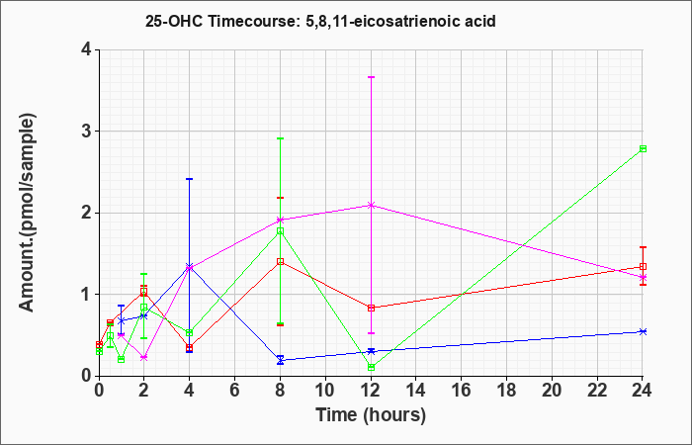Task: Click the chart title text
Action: point(320,21)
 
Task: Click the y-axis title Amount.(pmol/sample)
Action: point(28,213)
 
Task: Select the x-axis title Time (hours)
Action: point(371,415)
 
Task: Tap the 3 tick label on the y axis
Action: point(87,132)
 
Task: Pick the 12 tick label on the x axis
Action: point(371,390)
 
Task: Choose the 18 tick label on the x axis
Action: point(506,390)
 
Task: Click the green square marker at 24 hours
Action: point(643,148)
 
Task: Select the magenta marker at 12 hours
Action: point(371,206)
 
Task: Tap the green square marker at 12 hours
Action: point(371,367)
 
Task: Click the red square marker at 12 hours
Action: point(371,308)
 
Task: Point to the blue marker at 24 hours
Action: point(643,331)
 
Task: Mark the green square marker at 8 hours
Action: point(280,230)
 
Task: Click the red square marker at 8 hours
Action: point(280,261)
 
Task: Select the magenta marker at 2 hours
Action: point(144,358)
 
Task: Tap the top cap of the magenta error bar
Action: point(371,77)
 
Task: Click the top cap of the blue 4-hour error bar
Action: point(190,179)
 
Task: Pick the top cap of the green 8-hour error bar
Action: point(280,138)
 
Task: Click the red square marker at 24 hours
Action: point(643,267)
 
